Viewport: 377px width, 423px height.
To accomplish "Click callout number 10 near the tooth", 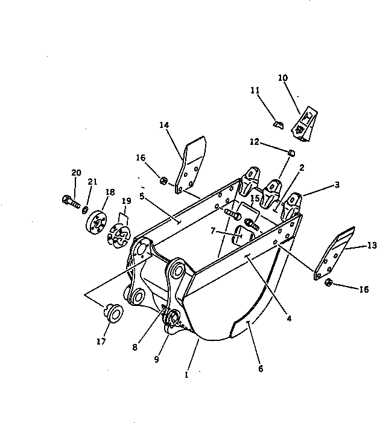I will [283, 78].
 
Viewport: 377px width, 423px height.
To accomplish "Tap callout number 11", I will [255, 91].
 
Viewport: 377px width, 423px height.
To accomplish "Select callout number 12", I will [255, 142].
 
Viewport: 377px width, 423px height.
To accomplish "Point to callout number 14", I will [164, 125].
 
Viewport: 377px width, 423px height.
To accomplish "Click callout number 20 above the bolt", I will [76, 173].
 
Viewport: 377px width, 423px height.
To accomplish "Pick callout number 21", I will [92, 182].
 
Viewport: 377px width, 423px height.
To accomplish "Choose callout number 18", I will [109, 192].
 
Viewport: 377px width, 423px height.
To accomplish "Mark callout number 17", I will [101, 342].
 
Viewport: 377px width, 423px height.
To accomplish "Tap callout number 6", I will [261, 368].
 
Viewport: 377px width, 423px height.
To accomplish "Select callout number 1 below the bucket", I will [186, 375].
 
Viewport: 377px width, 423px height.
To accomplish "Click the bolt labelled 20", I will [71, 202].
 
